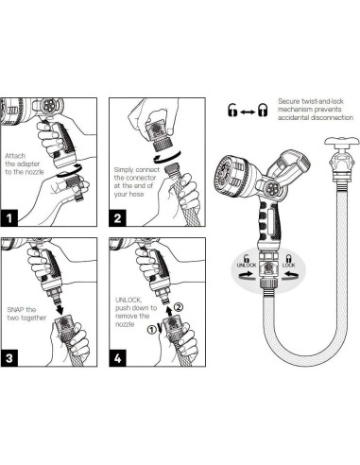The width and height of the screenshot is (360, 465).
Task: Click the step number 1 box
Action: coord(9,218)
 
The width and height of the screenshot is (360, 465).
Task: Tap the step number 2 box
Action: coord(117,218)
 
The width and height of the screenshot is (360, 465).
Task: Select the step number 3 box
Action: coord(9,358)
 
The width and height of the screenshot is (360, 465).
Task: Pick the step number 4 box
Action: coord(117,358)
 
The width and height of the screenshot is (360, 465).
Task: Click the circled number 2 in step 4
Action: coord(178,307)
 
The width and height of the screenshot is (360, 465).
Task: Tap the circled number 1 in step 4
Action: coord(151,330)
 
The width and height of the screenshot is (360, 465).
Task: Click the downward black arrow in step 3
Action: coord(60,306)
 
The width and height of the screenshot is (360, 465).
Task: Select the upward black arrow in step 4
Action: coord(169,309)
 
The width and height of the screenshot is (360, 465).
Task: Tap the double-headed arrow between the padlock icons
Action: coord(248,112)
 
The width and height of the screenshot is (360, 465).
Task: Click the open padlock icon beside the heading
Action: coord(232,110)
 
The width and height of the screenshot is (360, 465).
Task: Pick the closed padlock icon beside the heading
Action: coord(263,111)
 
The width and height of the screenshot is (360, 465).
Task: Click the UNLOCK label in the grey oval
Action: coord(247,265)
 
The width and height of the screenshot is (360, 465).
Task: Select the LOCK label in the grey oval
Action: coord(288,265)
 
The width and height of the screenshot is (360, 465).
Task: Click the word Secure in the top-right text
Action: coord(288,101)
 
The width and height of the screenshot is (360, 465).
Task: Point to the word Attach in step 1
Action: coord(15,156)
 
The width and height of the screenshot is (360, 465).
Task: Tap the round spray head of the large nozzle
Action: coord(229,174)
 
